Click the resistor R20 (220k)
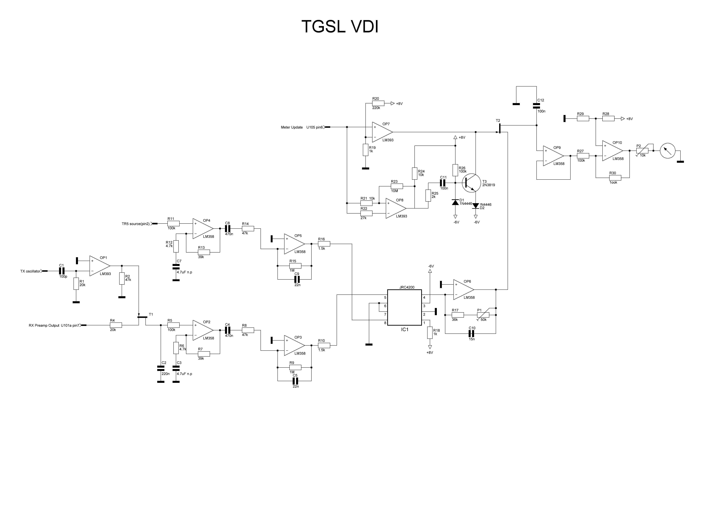(378, 103)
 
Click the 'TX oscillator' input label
(30, 271)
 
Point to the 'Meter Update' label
(292, 127)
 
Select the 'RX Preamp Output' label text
(44, 325)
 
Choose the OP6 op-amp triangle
(463, 289)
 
